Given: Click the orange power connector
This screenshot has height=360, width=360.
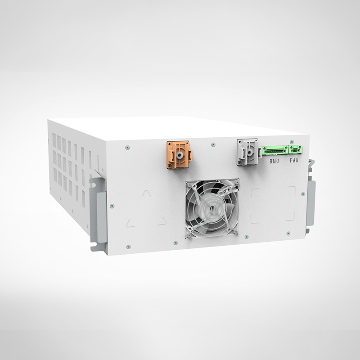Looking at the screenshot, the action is (180, 154).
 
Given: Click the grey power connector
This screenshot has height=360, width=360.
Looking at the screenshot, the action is (248, 152).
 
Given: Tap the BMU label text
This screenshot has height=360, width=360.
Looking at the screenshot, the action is (274, 161).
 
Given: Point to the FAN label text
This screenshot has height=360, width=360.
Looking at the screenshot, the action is (294, 160).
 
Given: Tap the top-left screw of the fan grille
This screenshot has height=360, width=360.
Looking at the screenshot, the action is (189, 185).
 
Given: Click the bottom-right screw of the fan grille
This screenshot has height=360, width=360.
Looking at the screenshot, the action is (234, 232).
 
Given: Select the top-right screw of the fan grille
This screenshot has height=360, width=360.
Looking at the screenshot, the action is (235, 182).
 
